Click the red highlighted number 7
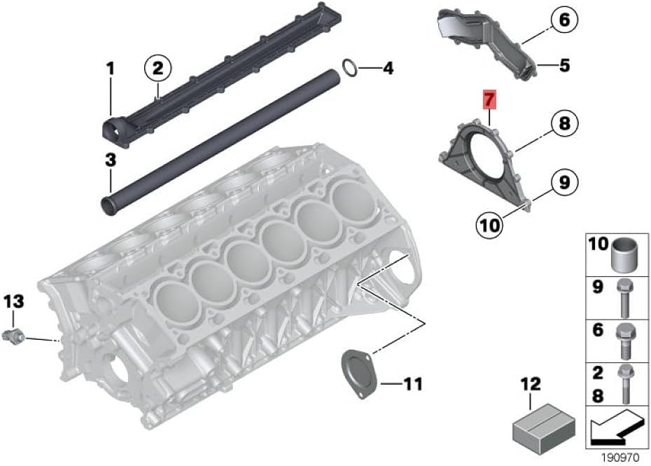click(489, 100)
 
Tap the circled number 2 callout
click(158, 68)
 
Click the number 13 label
click(14, 302)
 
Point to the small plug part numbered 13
click(13, 336)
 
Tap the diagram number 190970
click(621, 458)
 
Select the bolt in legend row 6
click(624, 341)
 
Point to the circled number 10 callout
click(489, 225)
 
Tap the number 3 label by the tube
click(111, 160)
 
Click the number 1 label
click(110, 69)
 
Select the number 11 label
click(413, 384)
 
